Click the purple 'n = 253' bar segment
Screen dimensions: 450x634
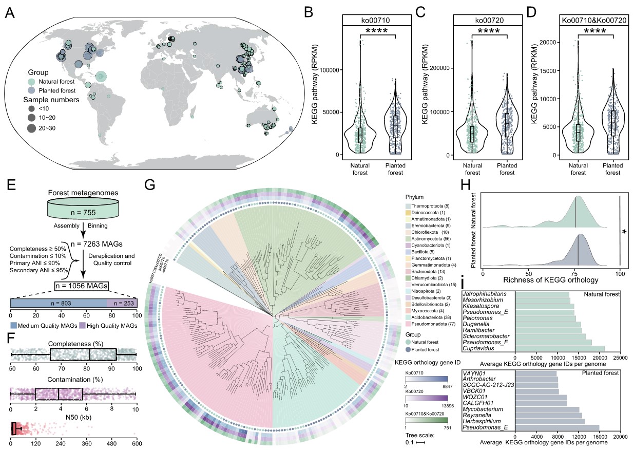pyautogui.click(x=122, y=303)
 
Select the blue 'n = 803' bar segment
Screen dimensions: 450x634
pyautogui.click(x=58, y=303)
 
